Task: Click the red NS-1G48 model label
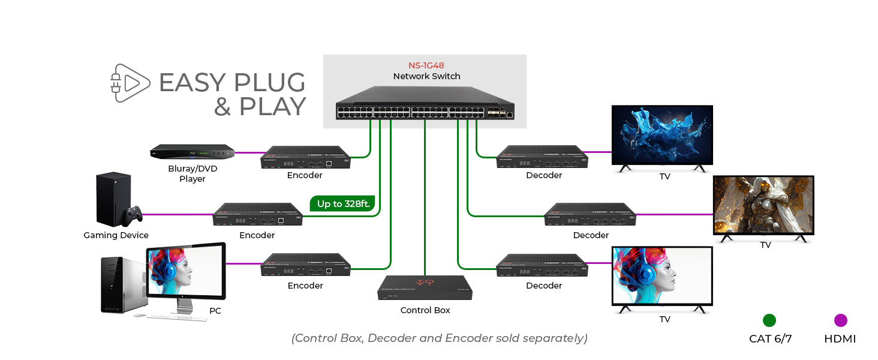[x=426, y=65]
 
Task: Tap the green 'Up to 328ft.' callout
[x=342, y=204]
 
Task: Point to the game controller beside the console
[x=134, y=214]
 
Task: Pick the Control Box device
[x=425, y=289]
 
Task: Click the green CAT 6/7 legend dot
[x=769, y=320]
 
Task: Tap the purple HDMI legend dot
[x=840, y=320]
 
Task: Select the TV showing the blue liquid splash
[x=662, y=136]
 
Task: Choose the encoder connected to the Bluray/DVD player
[x=305, y=157]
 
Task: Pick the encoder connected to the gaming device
[x=258, y=214]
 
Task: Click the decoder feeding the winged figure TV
[x=590, y=214]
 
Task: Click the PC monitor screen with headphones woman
[x=187, y=272]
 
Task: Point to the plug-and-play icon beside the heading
[x=130, y=82]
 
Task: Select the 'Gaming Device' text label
[x=116, y=235]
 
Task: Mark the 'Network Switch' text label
[x=426, y=76]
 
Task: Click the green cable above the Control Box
[x=425, y=198]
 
